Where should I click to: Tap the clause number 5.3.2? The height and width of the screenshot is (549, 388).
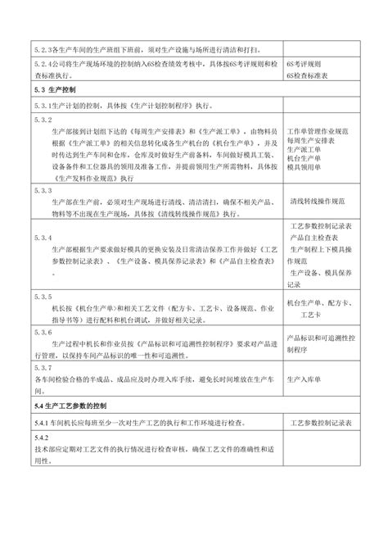tap(41, 120)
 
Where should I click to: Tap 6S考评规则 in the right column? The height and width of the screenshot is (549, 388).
tap(307, 62)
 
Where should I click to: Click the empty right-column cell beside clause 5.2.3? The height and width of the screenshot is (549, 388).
tap(323, 48)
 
